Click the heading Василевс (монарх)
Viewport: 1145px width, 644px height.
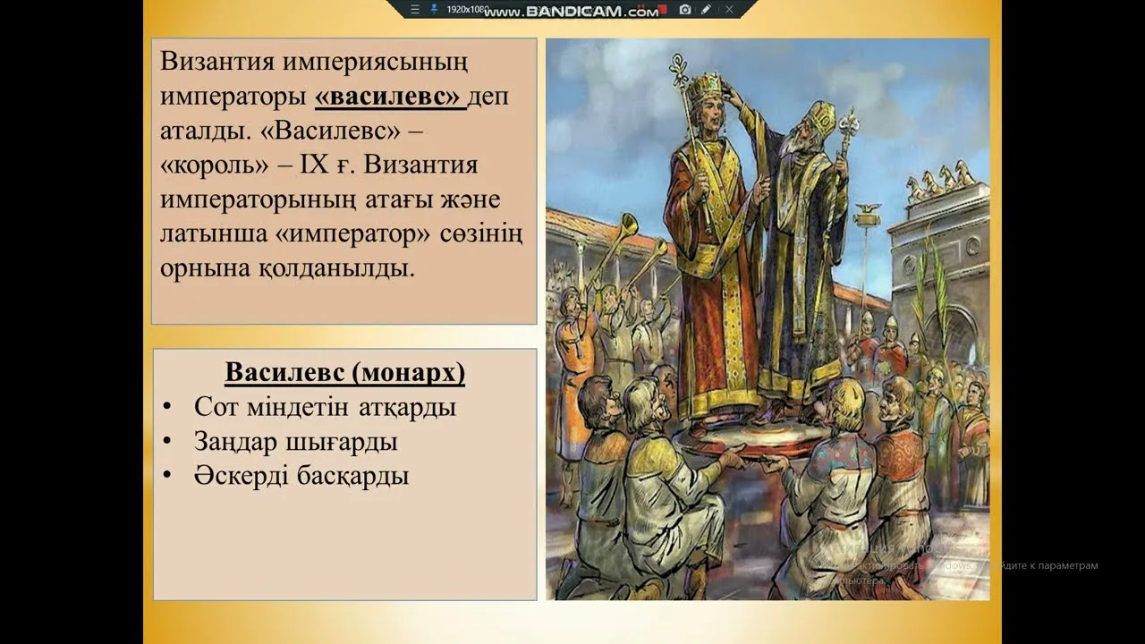[344, 372]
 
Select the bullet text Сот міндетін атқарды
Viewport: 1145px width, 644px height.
[325, 407]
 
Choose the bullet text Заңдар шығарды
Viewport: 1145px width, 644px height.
[295, 442]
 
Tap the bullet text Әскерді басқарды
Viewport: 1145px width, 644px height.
[301, 476]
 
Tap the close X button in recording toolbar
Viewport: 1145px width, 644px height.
[729, 9]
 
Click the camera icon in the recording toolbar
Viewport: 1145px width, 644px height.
[685, 9]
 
